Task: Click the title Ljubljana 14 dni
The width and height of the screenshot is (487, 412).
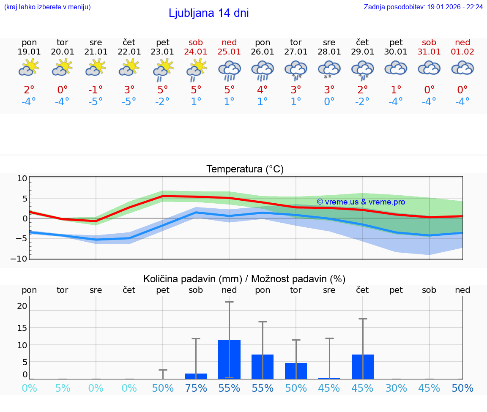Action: coord(208,13)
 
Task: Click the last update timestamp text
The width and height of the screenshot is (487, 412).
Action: coord(423,7)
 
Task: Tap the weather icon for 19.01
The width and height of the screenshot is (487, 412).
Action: coord(29,68)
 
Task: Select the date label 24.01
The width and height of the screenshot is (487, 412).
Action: coord(196,52)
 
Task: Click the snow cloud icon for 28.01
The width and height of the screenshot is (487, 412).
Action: coord(329,69)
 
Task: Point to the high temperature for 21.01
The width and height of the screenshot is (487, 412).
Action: coord(96,90)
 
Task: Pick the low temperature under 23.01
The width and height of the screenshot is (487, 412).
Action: coord(163,102)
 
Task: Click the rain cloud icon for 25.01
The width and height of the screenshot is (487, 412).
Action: coord(229,70)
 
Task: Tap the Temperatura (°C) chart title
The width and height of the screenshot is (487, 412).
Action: coord(245,169)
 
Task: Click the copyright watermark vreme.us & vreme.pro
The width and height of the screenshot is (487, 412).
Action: coord(361,202)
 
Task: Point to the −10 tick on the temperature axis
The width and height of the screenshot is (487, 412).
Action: coord(22,258)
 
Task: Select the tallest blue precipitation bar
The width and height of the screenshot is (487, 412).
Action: coord(229,359)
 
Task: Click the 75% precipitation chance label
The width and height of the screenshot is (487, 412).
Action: coord(196,388)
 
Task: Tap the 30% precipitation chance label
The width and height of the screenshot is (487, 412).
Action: coord(396,388)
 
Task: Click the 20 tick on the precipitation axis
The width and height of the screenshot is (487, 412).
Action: coord(22,306)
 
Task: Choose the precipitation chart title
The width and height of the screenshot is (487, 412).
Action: coord(244,279)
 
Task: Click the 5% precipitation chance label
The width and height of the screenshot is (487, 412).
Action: coord(63,388)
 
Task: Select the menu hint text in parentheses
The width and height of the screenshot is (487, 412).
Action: coord(47,7)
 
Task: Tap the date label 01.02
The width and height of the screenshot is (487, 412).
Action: coord(462,52)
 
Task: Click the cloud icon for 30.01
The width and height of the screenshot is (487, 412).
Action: coord(396,68)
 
